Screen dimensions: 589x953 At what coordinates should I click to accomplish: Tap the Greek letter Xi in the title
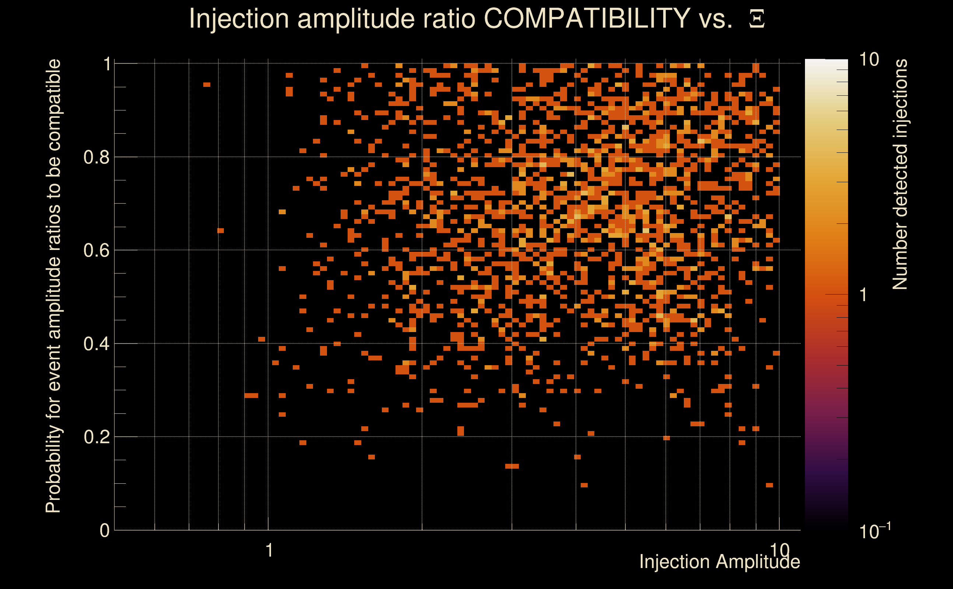tap(757, 19)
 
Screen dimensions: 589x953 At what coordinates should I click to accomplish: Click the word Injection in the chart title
tap(239, 18)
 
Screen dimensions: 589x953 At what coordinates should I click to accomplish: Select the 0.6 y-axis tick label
tap(96, 250)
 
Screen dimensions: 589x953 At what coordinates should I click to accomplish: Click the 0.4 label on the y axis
tap(96, 343)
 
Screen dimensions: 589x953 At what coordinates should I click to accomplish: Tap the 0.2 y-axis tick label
tap(96, 437)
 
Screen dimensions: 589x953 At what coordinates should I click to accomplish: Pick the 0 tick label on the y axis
tap(105, 530)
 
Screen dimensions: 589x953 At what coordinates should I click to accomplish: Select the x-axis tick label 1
tap(269, 550)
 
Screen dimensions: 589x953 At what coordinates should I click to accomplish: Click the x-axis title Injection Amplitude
tap(720, 562)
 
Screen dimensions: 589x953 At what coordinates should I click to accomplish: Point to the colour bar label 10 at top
tap(869, 60)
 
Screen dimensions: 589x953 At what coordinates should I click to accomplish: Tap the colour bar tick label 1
tap(864, 295)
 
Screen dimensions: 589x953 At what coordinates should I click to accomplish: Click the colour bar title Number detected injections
tap(900, 174)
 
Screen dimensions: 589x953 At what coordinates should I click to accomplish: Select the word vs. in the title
tap(716, 18)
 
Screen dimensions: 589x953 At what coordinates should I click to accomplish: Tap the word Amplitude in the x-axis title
tap(757, 562)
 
